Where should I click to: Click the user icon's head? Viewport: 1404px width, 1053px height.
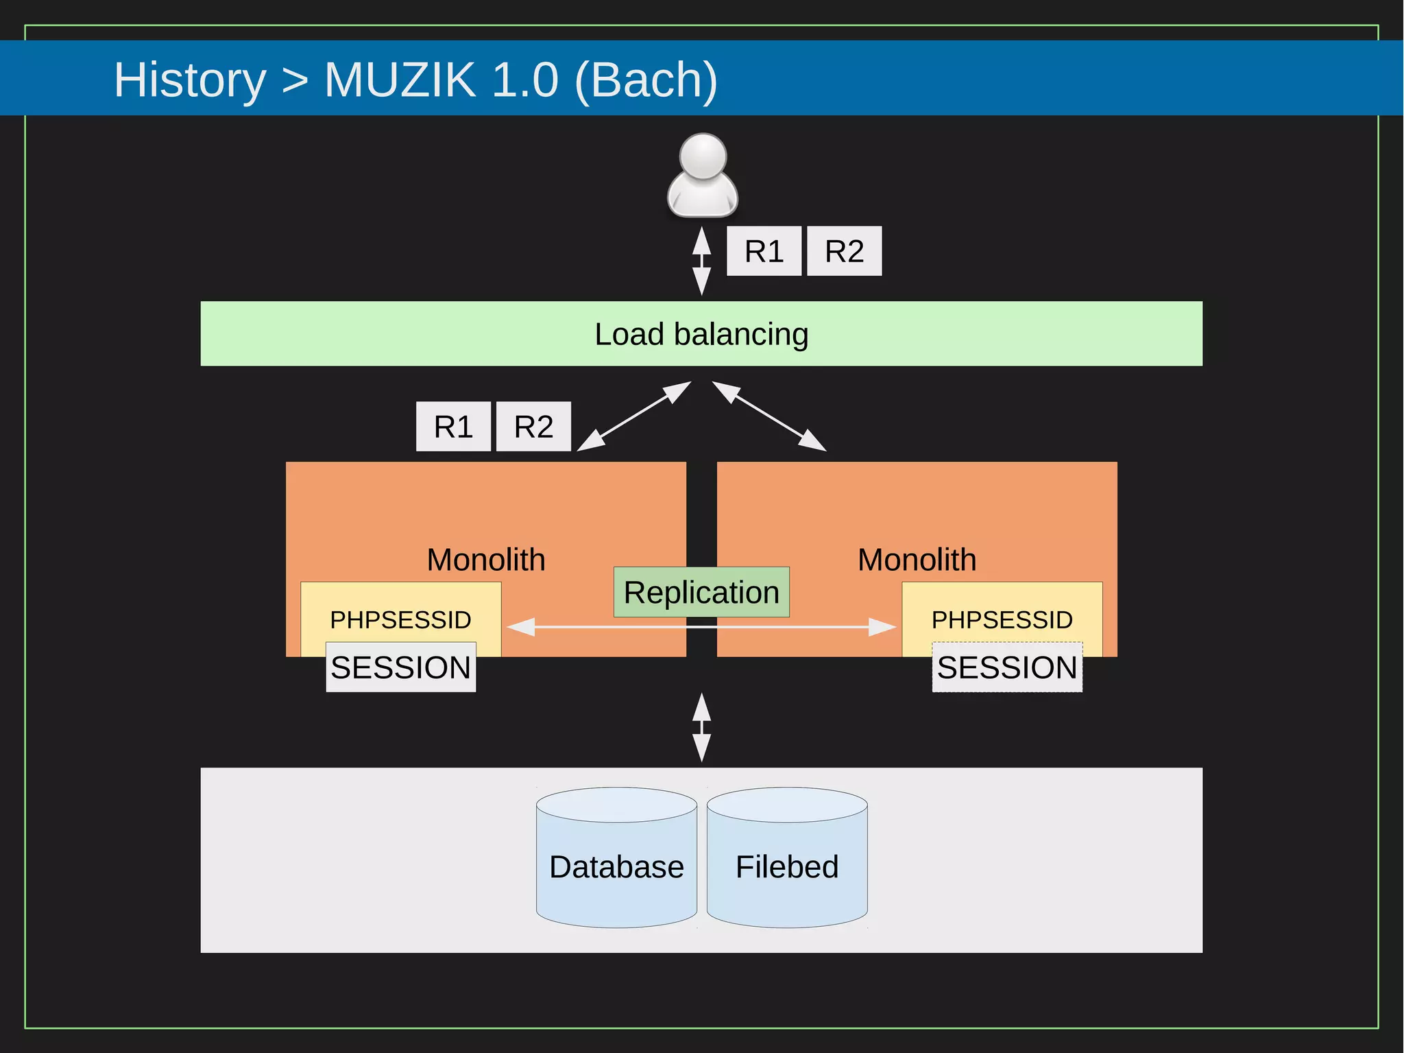pos(703,156)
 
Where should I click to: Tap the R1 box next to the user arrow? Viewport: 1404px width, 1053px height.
pos(764,251)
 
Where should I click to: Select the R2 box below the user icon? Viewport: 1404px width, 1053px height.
pos(844,251)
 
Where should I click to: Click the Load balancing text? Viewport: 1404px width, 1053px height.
pos(701,334)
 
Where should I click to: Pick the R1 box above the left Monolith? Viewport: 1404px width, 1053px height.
pos(453,427)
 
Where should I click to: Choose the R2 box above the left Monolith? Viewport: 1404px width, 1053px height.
pos(533,427)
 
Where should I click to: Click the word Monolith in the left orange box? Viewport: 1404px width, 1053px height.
pos(485,560)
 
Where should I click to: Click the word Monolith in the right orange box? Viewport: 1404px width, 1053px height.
pos(917,560)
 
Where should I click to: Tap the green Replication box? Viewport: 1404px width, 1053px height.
pos(701,592)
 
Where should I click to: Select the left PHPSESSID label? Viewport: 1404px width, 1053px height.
pos(400,619)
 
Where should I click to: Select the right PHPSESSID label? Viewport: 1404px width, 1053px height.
pos(1002,619)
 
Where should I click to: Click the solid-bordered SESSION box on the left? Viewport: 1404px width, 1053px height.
pos(400,667)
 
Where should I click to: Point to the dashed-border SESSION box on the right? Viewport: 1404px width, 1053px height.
pos(1007,667)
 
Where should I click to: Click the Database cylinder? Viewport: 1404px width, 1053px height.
pos(616,866)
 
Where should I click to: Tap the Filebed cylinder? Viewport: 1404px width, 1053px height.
pos(787,866)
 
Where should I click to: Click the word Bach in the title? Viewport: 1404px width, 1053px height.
pos(644,80)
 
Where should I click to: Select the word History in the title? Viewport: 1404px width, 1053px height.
pos(190,80)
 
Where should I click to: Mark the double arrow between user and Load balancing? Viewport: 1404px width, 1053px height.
pos(701,261)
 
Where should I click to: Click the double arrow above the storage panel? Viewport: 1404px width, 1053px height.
pos(701,727)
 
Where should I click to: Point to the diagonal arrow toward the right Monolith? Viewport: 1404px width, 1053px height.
pos(770,416)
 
